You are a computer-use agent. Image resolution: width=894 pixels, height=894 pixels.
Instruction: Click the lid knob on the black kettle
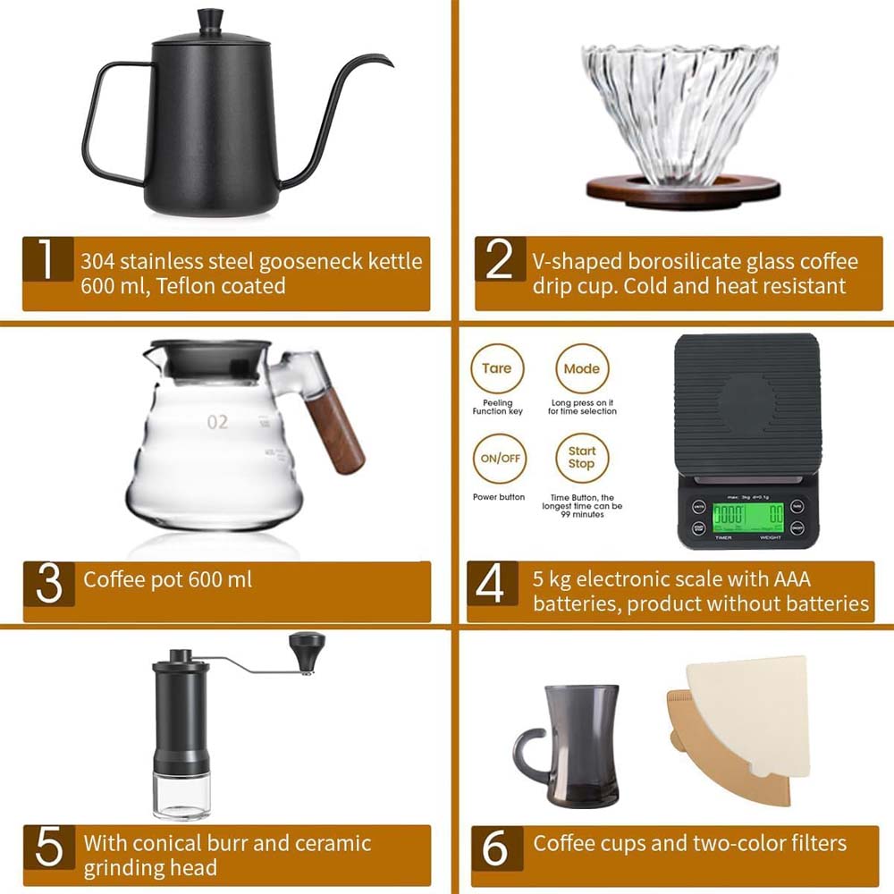[210, 18]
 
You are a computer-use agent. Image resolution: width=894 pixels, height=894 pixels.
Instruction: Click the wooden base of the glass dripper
[682, 190]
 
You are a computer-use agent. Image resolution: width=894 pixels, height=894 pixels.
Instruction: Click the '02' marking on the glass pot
[218, 422]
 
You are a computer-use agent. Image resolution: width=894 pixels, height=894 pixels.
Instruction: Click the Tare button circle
[497, 368]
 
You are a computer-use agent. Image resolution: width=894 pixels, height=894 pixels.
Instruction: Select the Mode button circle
[581, 368]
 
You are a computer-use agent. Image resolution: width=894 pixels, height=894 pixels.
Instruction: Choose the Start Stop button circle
[581, 458]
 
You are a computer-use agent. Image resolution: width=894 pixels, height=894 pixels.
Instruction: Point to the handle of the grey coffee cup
[527, 751]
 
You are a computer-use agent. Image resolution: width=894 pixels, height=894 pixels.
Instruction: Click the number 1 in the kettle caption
[46, 262]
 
